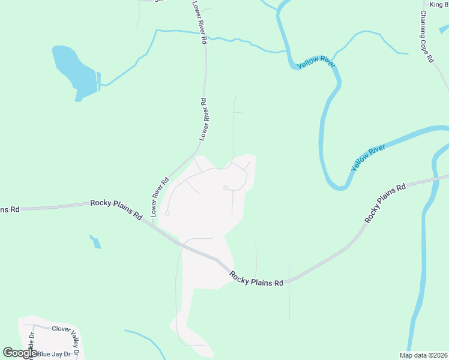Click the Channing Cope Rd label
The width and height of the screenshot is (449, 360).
tap(426, 36)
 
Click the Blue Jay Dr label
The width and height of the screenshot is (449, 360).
tap(53, 354)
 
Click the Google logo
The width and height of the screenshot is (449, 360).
tap(20, 353)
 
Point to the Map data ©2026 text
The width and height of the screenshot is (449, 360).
tap(423, 355)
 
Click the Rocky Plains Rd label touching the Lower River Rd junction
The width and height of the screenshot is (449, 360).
tap(116, 208)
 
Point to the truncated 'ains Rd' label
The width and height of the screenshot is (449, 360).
tap(10, 209)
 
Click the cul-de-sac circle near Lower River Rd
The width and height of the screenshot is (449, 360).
tap(167, 214)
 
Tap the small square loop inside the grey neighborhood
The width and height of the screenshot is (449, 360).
tap(225, 188)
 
